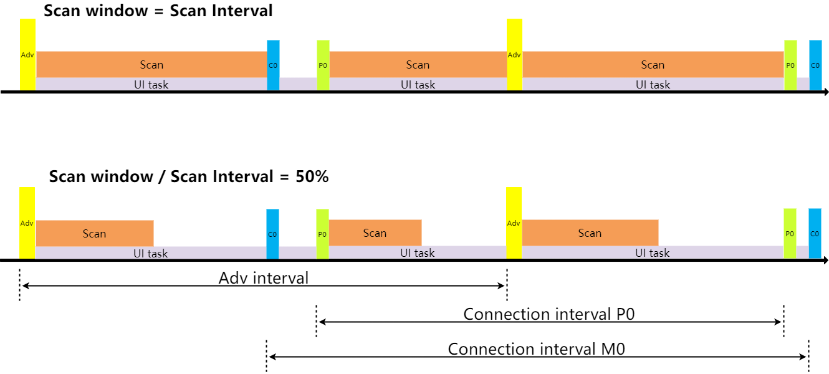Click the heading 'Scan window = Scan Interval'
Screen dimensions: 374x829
coord(158,11)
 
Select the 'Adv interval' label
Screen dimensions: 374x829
coord(263,278)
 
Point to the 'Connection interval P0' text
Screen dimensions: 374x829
coord(549,314)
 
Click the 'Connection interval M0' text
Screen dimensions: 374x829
coord(536,349)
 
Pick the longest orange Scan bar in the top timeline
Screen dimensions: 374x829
coord(653,64)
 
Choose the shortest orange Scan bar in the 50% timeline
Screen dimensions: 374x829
coord(375,233)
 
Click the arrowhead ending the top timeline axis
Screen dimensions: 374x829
coord(825,92)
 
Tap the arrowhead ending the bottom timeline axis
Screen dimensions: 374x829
coord(825,261)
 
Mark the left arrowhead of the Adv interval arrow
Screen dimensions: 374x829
coord(24,285)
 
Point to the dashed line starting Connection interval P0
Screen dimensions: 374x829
coord(316,320)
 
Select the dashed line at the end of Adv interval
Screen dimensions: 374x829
coord(507,284)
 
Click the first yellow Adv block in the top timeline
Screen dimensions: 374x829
coord(27,55)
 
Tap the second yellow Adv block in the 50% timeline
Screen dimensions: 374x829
coord(514,223)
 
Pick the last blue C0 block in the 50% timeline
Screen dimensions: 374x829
coord(815,233)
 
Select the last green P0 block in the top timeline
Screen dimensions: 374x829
coord(790,65)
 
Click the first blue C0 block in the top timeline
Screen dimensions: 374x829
coord(273,65)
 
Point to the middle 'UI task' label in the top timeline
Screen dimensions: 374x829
coord(418,85)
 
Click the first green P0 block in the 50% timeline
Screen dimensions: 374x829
coord(322,234)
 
